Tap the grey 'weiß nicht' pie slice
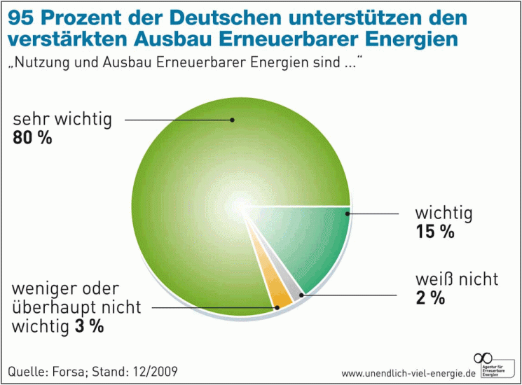coord(294,284)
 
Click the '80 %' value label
coord(33,138)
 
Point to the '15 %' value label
coord(434,232)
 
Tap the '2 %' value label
coord(430,297)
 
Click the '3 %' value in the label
coord(89,326)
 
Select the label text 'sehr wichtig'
coord(62,119)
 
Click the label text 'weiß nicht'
coord(455,279)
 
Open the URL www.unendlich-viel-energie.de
coord(408,373)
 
